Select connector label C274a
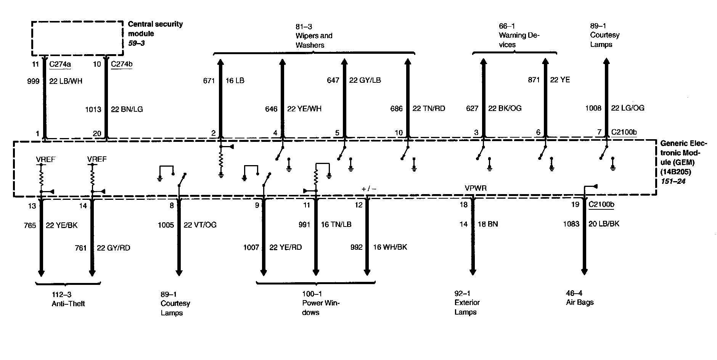60,64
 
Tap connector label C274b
122,64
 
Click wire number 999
34,81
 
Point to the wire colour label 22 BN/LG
127,109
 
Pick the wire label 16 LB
235,80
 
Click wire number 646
271,109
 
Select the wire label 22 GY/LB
365,80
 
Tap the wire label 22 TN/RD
429,109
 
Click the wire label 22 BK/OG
505,108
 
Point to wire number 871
534,80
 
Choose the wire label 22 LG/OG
628,108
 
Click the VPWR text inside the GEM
476,188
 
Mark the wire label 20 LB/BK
604,224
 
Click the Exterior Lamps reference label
467,302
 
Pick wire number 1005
166,225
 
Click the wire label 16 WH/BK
390,247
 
